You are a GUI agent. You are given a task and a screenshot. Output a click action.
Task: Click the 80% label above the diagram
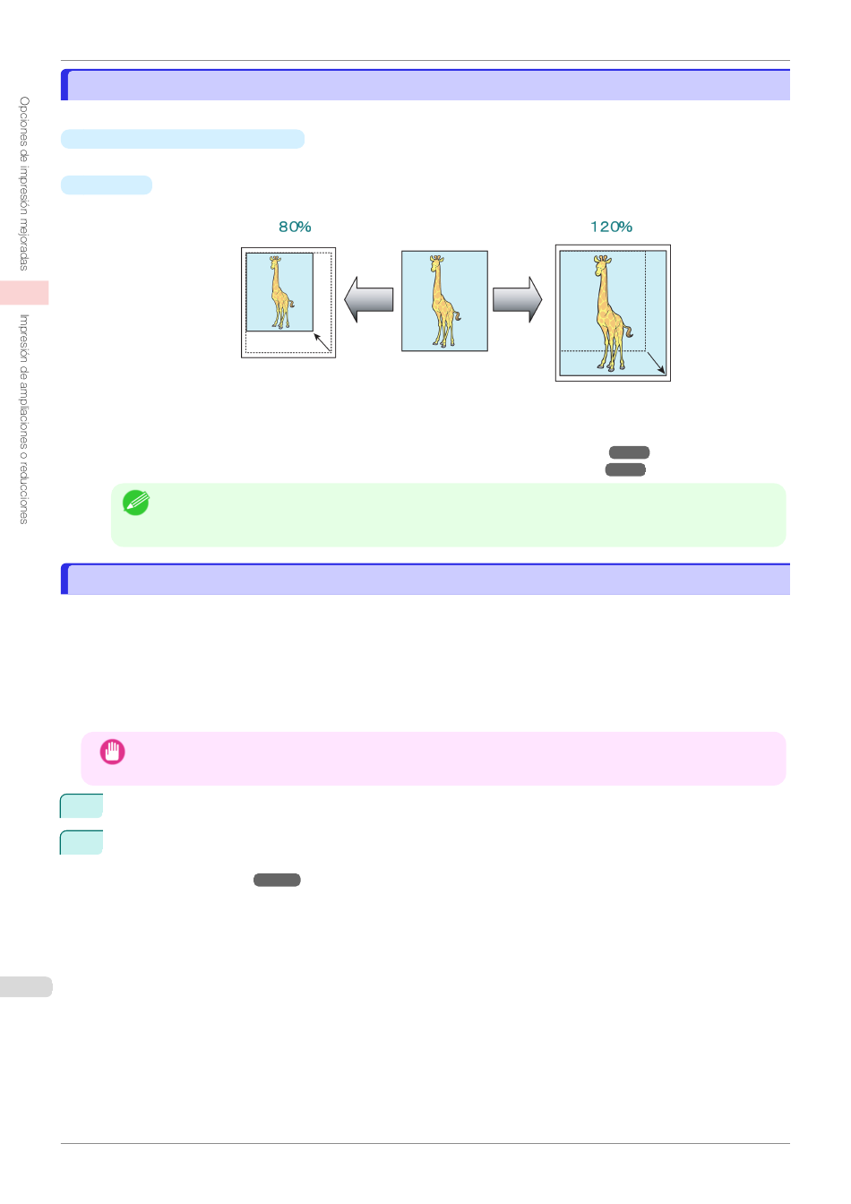coord(295,228)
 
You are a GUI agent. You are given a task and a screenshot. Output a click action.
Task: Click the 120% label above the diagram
coord(611,228)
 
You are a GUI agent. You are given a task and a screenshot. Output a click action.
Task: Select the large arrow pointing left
coord(369,299)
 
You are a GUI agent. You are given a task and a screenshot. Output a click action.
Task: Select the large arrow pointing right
coord(517,299)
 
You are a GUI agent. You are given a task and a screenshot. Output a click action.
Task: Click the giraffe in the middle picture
coord(443,301)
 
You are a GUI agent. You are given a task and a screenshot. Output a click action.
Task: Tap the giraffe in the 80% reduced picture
coord(280,293)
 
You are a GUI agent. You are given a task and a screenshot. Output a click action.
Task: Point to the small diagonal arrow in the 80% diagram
coord(322,343)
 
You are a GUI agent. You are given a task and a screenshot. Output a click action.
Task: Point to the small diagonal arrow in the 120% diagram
coord(656,362)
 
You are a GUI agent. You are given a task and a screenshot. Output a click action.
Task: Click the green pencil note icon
coord(135,503)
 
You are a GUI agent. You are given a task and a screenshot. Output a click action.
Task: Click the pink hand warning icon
coord(112,752)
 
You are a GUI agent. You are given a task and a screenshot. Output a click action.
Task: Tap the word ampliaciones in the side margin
coord(24,412)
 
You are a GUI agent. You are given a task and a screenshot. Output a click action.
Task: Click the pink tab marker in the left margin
coord(24,293)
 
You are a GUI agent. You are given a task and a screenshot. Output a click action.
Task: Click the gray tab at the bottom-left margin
coord(25,986)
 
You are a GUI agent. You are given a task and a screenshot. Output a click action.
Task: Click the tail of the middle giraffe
coord(457,316)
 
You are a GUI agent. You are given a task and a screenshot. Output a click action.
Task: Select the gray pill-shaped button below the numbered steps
coord(277,881)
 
